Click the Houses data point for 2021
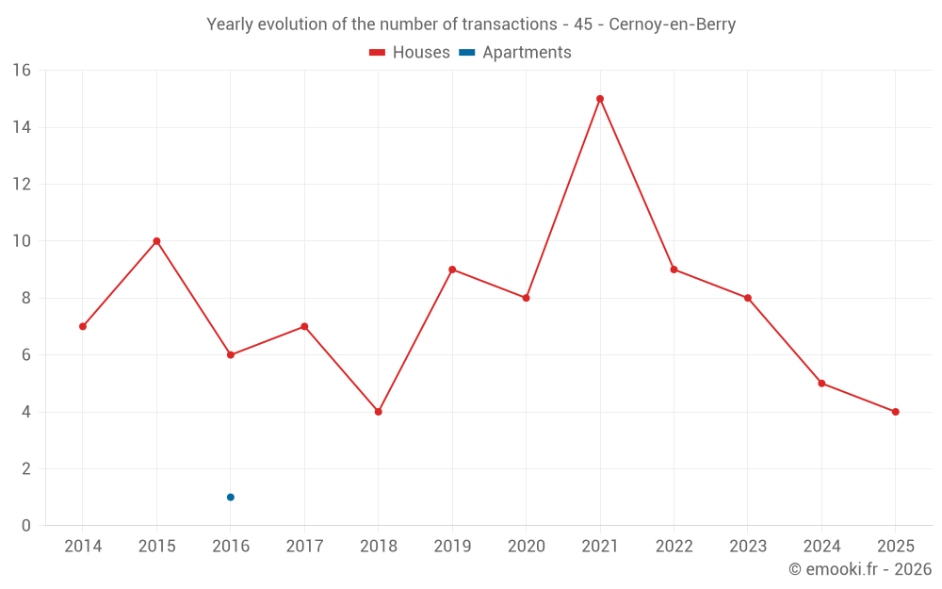coord(600,99)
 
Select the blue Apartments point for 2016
coord(231,497)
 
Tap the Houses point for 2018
coord(379,412)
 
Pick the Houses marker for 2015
coord(156,241)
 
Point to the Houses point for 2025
coord(896,412)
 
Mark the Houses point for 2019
coord(452,270)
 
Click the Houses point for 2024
coord(821,384)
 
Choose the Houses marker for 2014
coord(83,326)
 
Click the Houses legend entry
coord(410,53)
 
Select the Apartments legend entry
coord(515,53)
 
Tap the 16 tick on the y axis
coord(22,71)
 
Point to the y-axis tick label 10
coord(22,241)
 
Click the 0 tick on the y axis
coord(26,526)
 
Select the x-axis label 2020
coord(527,547)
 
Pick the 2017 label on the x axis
coord(304,547)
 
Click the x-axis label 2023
coord(748,547)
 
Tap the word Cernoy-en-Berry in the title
coord(672,25)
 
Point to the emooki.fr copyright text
coord(860,569)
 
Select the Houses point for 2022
coord(674,270)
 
